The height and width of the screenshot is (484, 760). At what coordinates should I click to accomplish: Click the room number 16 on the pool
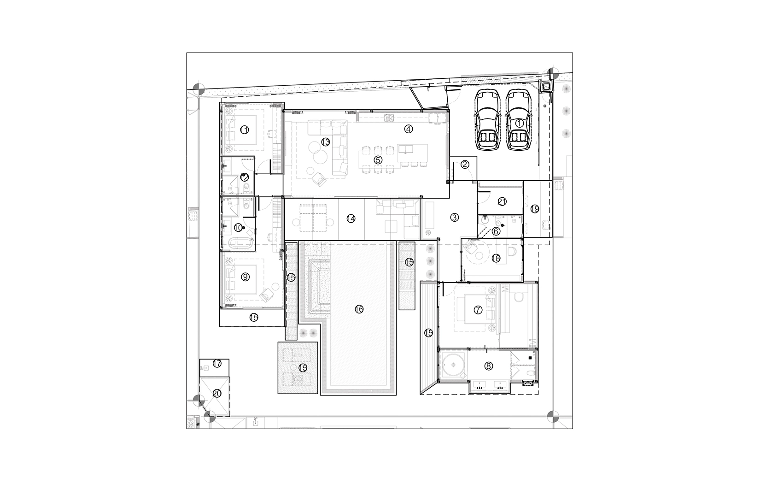coord(359,309)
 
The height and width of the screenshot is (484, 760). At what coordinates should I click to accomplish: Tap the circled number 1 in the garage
coord(519,123)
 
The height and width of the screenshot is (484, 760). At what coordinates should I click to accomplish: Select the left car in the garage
coord(487,119)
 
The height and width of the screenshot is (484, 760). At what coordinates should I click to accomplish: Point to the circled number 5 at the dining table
coord(378,159)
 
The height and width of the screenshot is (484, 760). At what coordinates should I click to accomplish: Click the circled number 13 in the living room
coord(325,142)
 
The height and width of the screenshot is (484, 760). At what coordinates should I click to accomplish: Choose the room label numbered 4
coord(409,129)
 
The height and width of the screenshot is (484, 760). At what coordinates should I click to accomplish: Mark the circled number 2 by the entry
coord(465,165)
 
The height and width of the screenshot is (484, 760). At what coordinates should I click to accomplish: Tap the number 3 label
coord(454,218)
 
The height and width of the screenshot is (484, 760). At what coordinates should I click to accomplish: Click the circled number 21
coord(502,201)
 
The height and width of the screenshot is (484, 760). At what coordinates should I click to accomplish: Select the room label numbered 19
coord(534,209)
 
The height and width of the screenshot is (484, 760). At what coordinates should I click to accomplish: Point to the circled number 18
coord(496,258)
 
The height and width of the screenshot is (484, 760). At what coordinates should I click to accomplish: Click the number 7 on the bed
coord(478,310)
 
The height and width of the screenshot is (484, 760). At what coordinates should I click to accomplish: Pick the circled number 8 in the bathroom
coord(489,366)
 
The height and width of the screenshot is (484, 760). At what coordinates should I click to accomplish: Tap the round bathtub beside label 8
coord(453,365)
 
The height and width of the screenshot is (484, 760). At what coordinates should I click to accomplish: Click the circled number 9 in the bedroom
coord(245,277)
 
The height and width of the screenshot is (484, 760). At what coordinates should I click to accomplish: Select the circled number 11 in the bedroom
coord(244,130)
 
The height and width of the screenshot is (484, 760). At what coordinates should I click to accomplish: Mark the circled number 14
coord(351,218)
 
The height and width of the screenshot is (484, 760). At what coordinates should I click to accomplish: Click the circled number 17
coord(217,363)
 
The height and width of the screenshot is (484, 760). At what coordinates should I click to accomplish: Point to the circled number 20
coord(217,393)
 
